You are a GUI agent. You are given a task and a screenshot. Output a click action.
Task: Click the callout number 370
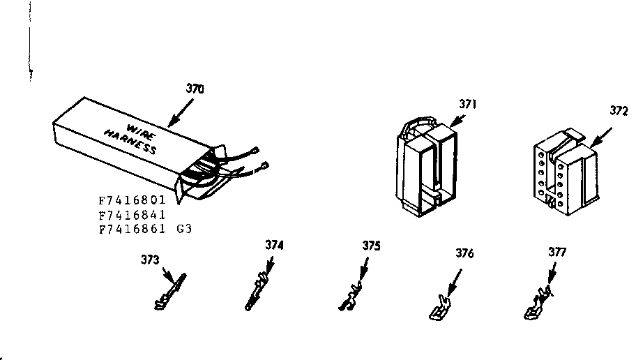click(195, 89)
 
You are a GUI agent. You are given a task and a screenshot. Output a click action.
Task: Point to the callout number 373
click(151, 260)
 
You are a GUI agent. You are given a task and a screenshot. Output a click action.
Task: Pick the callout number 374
click(275, 245)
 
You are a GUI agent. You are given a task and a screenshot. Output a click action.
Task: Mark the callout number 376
click(464, 253)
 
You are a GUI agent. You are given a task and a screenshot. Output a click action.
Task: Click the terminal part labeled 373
click(169, 292)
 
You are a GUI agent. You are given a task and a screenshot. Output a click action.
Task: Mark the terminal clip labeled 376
click(438, 308)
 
